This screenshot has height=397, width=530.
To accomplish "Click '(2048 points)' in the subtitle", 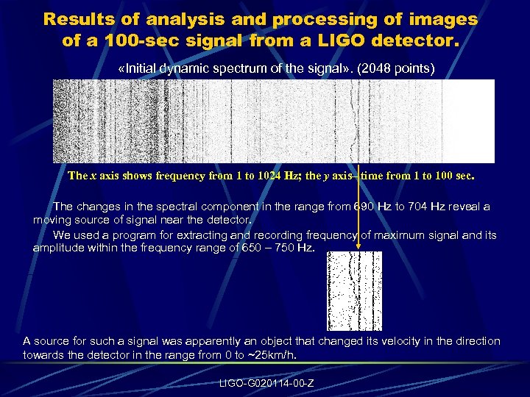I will [x=401, y=68].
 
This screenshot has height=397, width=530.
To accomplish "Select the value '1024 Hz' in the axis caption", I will [x=276, y=176].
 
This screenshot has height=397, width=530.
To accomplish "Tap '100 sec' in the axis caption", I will [x=453, y=176].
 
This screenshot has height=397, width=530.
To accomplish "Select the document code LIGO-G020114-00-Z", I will [x=266, y=383].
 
